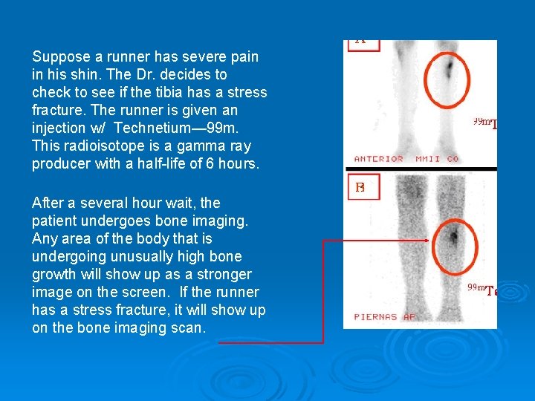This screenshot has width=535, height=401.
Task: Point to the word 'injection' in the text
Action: (x=59, y=128)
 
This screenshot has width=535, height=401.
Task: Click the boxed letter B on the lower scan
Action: (x=360, y=188)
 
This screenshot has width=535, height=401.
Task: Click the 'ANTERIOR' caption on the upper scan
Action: (x=379, y=159)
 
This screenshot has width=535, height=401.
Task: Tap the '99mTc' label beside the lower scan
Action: (x=483, y=290)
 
